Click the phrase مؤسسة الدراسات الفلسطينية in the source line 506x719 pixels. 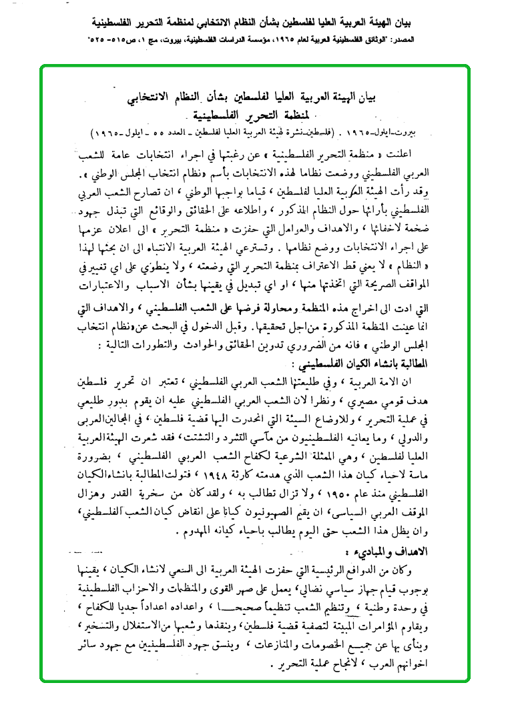tap(222, 41)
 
